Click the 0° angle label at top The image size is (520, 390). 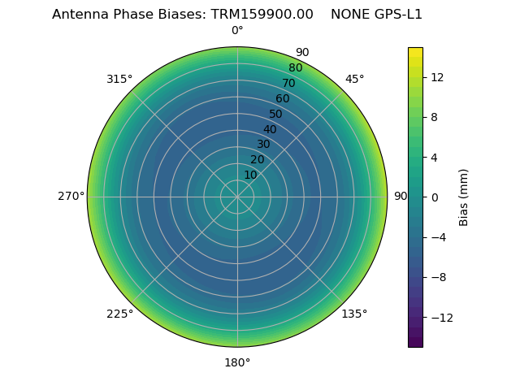pyautogui.click(x=237, y=31)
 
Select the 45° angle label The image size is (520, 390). pyautogui.click(x=354, y=79)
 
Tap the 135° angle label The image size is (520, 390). pyautogui.click(x=354, y=314)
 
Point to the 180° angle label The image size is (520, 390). pyautogui.click(x=237, y=362)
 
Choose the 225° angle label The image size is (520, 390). pyautogui.click(x=119, y=314)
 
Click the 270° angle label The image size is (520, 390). pyautogui.click(x=71, y=196)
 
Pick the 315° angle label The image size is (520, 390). pyautogui.click(x=119, y=79)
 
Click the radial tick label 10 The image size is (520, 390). pyautogui.click(x=250, y=175)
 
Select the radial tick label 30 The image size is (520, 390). pyautogui.click(x=263, y=144)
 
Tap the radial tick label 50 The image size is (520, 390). pyautogui.click(x=276, y=114)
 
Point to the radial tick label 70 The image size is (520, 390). pyautogui.click(x=288, y=83)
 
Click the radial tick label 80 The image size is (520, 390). pyautogui.click(x=295, y=67)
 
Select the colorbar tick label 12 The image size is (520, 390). pyautogui.click(x=436, y=77)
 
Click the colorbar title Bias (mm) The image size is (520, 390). pyautogui.click(x=464, y=197)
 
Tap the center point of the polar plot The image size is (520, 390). pyautogui.click(x=237, y=197)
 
